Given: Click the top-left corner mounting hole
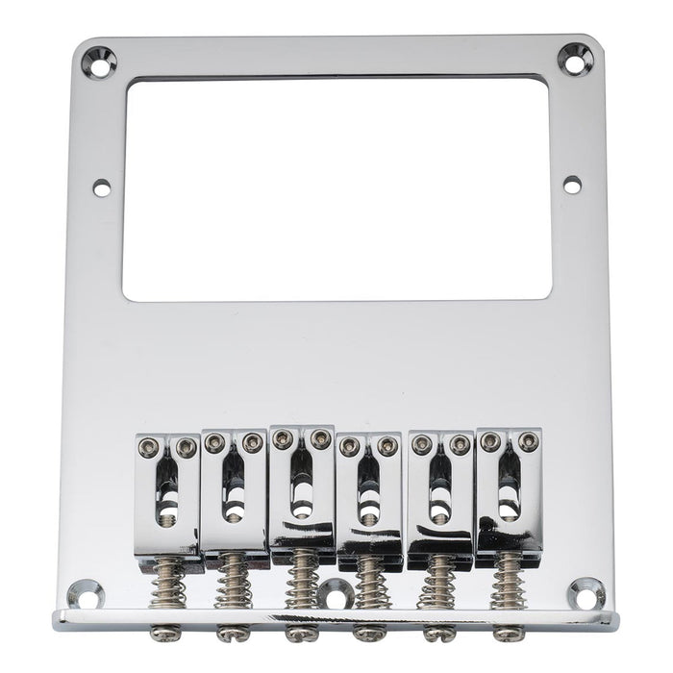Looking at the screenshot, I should pos(98,62).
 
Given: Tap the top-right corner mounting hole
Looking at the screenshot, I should pos(575,61).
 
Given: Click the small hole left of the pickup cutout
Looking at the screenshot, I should pos(101,188).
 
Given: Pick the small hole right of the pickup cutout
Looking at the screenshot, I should pos(572,185).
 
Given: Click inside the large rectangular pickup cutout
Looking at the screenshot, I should pos(336,187).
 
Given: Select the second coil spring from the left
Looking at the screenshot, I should pos(233,583).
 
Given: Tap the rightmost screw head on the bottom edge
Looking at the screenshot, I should pos(507,634).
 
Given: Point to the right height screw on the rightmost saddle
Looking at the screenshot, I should pos(528,440).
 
